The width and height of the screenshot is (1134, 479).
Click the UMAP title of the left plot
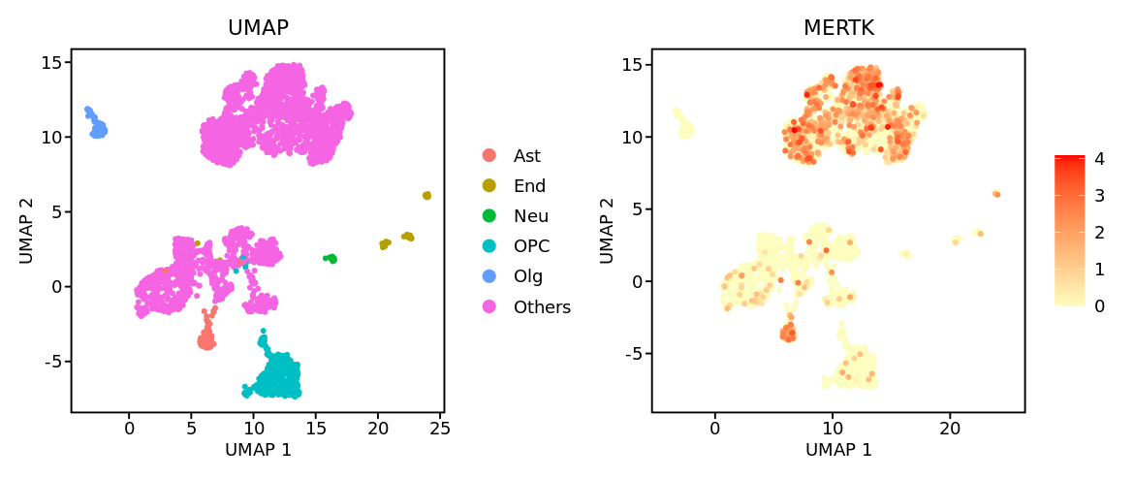[x=258, y=28]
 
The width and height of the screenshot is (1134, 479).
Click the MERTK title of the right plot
[x=838, y=28]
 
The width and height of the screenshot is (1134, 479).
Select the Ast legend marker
[x=489, y=155]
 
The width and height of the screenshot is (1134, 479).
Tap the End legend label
[x=529, y=185]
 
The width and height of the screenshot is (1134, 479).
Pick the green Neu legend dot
[x=489, y=216]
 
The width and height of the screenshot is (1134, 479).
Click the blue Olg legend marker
[x=489, y=276]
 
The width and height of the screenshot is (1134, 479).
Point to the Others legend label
[x=542, y=307]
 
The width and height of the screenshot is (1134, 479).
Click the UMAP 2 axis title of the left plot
[x=26, y=230]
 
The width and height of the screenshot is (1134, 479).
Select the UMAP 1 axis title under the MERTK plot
[x=838, y=450]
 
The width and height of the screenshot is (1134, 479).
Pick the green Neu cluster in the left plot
[x=331, y=258]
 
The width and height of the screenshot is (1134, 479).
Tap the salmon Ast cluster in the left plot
[x=205, y=339]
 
